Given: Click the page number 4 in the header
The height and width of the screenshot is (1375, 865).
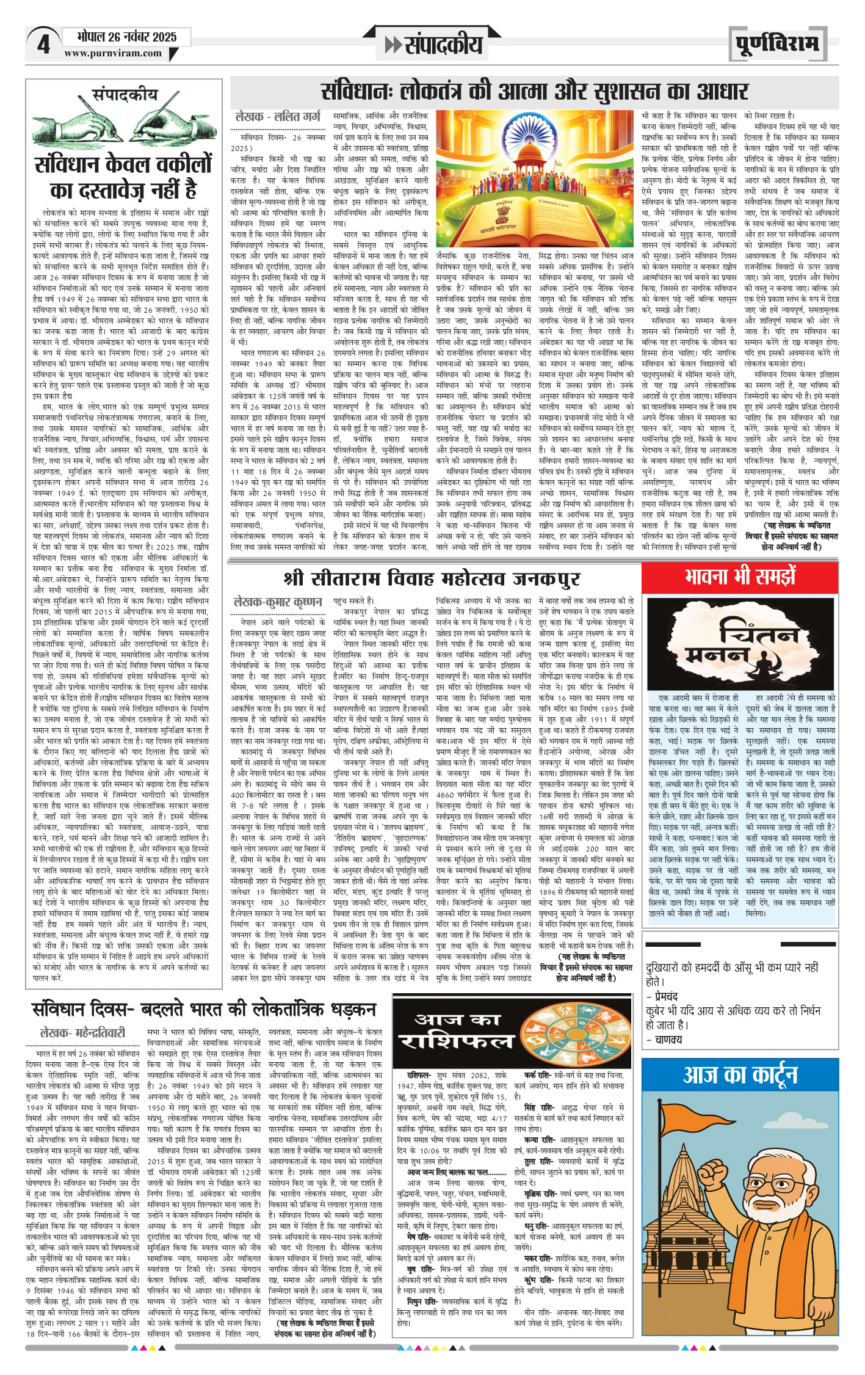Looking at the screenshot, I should pyautogui.click(x=43, y=44).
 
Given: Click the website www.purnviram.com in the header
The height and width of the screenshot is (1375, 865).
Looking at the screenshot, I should pyautogui.click(x=113, y=53).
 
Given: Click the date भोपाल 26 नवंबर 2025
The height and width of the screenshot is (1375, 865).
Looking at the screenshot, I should pyautogui.click(x=127, y=37).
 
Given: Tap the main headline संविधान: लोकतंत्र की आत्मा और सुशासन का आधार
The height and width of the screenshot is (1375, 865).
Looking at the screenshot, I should pyautogui.click(x=534, y=92).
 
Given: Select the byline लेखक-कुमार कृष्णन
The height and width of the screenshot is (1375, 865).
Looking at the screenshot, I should pyautogui.click(x=278, y=602).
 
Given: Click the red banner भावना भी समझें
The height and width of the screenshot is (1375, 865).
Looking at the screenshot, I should pyautogui.click(x=740, y=576).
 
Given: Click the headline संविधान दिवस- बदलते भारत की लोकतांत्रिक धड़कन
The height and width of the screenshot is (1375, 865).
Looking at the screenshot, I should pyautogui.click(x=204, y=1009).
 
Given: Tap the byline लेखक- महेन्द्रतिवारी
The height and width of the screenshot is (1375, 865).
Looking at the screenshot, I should pyautogui.click(x=82, y=1033).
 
